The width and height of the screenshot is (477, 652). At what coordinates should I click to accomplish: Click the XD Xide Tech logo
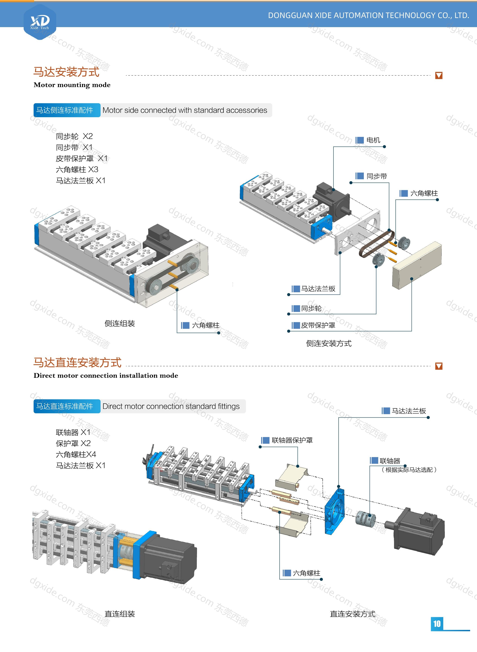(x=40, y=22)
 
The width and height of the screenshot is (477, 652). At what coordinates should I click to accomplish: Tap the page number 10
(x=437, y=624)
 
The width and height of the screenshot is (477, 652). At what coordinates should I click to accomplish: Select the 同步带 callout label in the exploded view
(x=376, y=176)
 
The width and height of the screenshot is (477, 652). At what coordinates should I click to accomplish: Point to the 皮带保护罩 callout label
(x=318, y=325)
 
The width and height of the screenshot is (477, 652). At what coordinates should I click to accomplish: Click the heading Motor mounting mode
(x=72, y=85)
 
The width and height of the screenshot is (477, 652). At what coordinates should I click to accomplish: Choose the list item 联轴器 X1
(x=73, y=432)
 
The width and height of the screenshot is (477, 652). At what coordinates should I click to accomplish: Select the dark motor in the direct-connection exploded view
(x=419, y=531)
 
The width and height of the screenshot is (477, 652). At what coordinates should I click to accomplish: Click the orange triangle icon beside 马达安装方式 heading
(x=439, y=76)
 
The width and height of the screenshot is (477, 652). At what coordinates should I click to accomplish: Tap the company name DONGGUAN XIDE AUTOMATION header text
(x=368, y=16)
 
